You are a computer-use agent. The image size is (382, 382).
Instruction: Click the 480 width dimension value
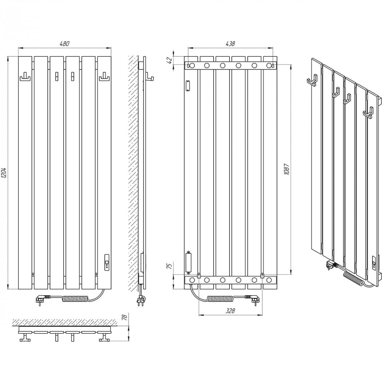click(x=64, y=44)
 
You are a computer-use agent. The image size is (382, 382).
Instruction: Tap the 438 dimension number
click(x=230, y=44)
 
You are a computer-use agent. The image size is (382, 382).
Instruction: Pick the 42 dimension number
click(x=171, y=60)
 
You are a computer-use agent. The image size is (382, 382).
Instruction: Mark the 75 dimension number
click(x=171, y=266)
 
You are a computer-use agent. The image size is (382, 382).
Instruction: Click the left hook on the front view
click(x=25, y=78)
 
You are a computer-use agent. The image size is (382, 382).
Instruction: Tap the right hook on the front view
click(x=104, y=78)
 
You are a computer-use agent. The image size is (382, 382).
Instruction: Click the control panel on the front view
click(x=107, y=262)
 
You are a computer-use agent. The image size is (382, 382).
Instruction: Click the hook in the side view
click(x=150, y=77)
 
